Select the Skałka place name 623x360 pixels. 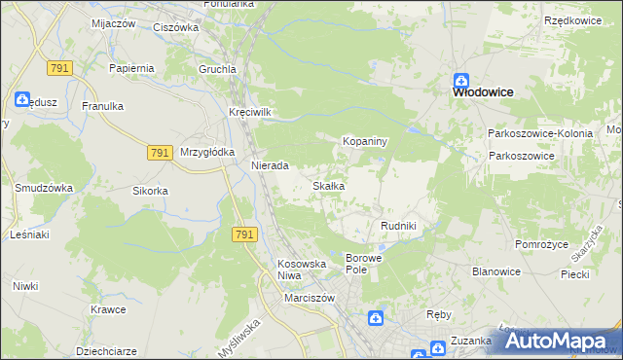click(x=327, y=186)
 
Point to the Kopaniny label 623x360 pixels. click(x=365, y=142)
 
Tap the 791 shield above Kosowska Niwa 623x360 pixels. click(x=244, y=234)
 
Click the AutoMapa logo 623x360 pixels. click(x=559, y=341)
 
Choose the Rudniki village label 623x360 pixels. click(x=398, y=226)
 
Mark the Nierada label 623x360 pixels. click(x=270, y=166)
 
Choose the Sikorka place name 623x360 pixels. click(x=151, y=191)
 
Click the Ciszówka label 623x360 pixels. click(x=176, y=28)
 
